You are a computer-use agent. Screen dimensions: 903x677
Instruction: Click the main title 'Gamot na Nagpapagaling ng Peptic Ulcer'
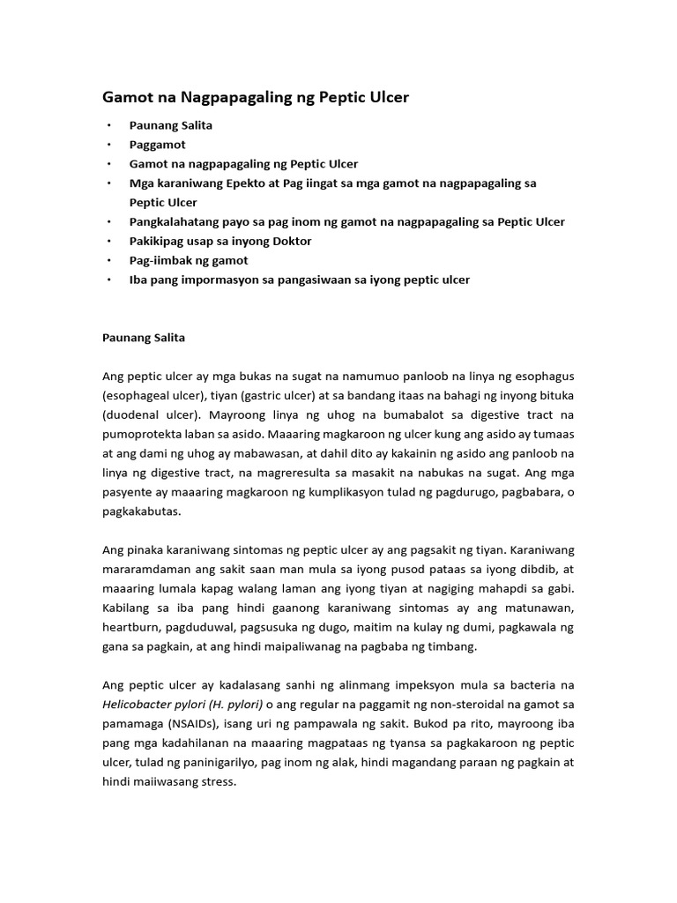point(256,97)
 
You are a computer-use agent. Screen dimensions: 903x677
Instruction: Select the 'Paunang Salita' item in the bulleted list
point(170,125)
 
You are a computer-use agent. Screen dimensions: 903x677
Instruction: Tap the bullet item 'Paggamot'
point(157,145)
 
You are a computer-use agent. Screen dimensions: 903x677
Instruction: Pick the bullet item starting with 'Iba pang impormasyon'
point(299,280)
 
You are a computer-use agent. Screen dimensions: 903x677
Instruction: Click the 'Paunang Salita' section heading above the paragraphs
point(144,338)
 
